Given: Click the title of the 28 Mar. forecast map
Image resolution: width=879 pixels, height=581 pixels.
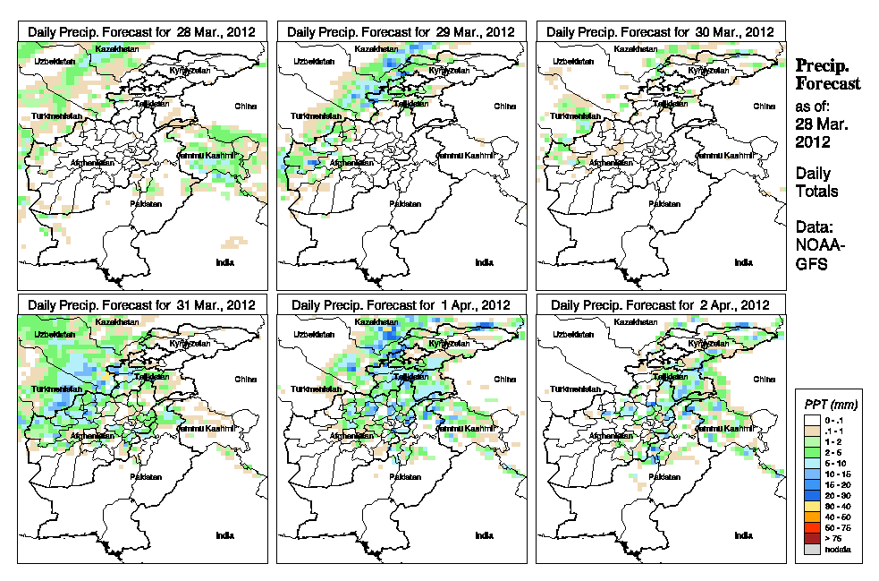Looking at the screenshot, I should pyautogui.click(x=141, y=31).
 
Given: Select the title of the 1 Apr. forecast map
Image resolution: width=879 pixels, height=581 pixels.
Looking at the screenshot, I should pyautogui.click(x=401, y=304).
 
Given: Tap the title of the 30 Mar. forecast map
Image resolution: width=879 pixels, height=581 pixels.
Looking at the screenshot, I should pyautogui.click(x=660, y=31).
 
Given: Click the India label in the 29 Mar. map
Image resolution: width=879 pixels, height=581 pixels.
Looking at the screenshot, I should pyautogui.click(x=484, y=262).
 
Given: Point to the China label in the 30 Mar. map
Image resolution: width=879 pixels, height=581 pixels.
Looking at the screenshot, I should pyautogui.click(x=763, y=106).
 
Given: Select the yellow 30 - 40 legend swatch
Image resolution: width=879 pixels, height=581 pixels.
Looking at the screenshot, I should pyautogui.click(x=809, y=505).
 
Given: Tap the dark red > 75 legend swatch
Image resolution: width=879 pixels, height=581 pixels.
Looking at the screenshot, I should pyautogui.click(x=809, y=538).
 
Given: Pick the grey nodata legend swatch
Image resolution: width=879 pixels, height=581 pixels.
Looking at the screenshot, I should pyautogui.click(x=809, y=549).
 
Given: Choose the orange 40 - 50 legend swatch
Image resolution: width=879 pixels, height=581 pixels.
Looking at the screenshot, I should pyautogui.click(x=809, y=517).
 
